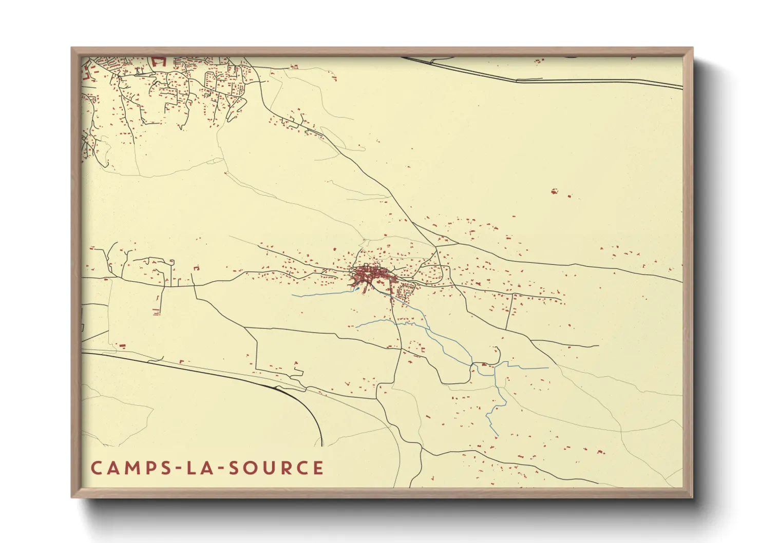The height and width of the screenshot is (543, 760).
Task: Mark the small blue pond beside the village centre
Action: (357, 289)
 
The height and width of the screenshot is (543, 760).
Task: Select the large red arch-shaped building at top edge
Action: (158, 61)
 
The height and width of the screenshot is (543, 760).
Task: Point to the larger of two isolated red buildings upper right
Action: (554, 191)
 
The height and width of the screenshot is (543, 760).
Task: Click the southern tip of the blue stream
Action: (498, 436)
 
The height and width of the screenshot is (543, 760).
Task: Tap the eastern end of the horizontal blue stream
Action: (547, 368)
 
